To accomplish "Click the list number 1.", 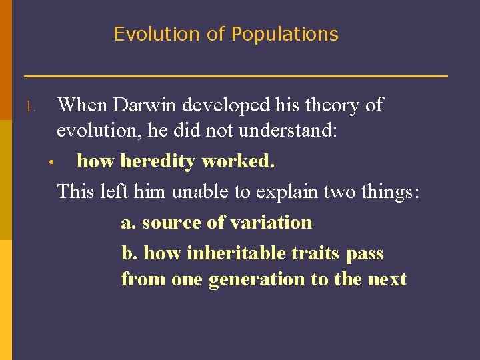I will [29, 107].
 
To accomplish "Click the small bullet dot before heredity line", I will [50, 163].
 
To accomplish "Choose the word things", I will [389, 192].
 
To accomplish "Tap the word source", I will [174, 223].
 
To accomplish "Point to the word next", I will [387, 279].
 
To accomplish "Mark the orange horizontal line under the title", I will [235, 76].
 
